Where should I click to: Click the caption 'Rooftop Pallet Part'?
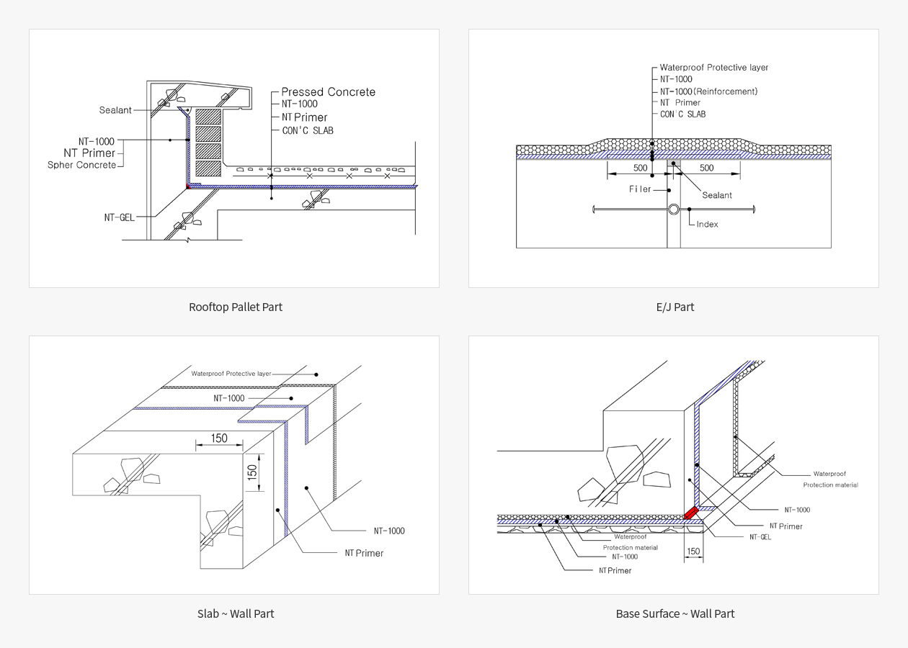click(x=236, y=307)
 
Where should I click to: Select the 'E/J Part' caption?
click(x=675, y=307)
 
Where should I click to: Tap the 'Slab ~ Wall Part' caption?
click(x=236, y=613)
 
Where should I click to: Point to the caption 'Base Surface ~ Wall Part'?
click(x=675, y=613)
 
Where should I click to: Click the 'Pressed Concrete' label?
click(x=329, y=92)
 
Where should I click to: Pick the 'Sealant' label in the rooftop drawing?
click(x=115, y=110)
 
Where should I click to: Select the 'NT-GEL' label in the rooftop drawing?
click(x=119, y=217)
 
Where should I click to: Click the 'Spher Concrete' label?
click(x=82, y=165)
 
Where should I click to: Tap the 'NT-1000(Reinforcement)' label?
click(x=708, y=91)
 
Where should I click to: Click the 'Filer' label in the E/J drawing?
click(x=640, y=189)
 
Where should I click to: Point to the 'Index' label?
click(x=707, y=225)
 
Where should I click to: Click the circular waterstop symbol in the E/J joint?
click(x=674, y=210)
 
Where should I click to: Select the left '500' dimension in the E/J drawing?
click(x=640, y=168)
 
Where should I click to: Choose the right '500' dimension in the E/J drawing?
click(x=706, y=168)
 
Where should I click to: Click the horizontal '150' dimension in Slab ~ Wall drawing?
click(x=219, y=438)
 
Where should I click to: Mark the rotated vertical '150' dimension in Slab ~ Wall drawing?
click(x=252, y=472)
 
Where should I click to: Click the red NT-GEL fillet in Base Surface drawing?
click(x=690, y=513)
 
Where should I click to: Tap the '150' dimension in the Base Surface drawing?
click(x=693, y=552)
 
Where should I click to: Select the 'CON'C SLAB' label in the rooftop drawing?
click(x=308, y=131)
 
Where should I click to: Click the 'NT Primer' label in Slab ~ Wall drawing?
click(x=364, y=553)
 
